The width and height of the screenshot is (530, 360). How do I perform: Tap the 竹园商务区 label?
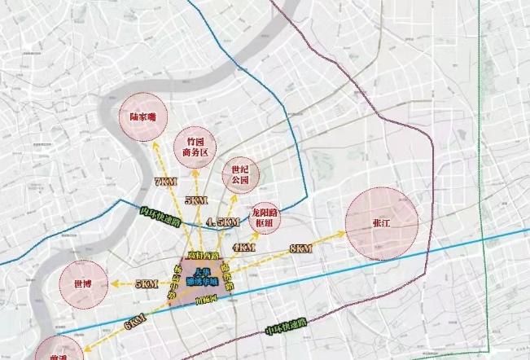pos(195,146)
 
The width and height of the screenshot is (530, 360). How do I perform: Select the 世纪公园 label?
pos(240,176)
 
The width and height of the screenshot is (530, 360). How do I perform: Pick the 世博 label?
pos(82,284)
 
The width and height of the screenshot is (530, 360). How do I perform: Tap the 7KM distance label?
pos(164,182)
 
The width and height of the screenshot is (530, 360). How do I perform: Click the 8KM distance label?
pos(300,248)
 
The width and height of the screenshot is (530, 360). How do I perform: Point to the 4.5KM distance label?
pos(222,222)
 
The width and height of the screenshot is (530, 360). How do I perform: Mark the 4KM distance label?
pos(241,247)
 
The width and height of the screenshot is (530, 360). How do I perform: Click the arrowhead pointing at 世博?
pos(113,284)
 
